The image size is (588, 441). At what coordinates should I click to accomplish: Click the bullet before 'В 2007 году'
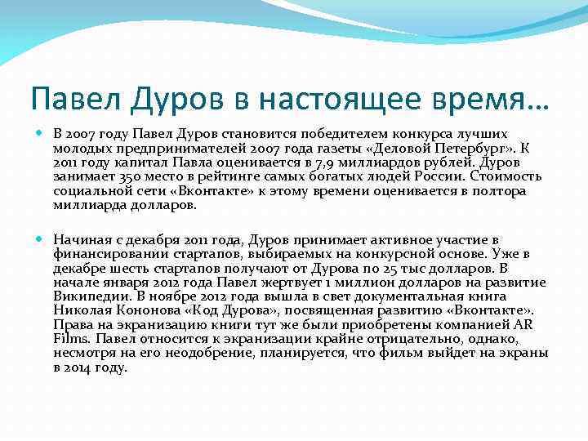click(42, 132)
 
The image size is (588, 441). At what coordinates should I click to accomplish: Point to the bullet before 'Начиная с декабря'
click(42, 239)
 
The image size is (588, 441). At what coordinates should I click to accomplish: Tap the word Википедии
click(88, 296)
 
